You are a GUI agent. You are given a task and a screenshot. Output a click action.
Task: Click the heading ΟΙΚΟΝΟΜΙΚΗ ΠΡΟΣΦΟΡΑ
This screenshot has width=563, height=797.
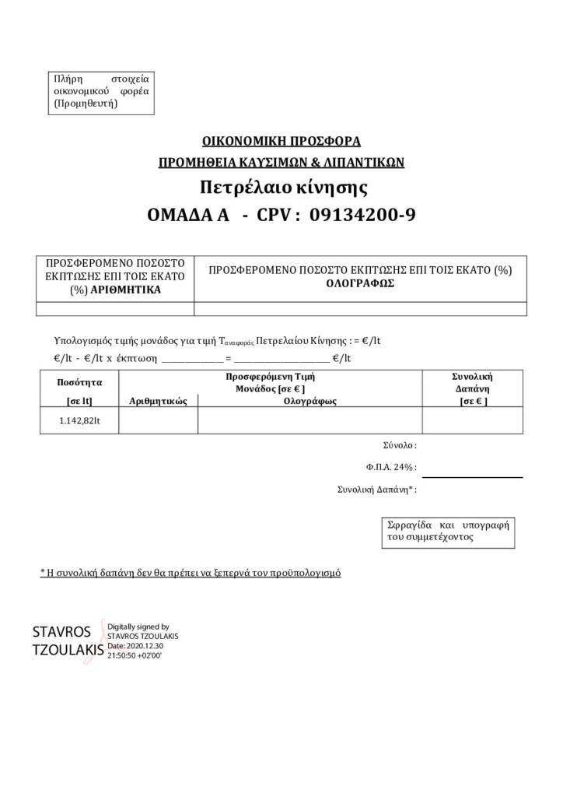coord(281,142)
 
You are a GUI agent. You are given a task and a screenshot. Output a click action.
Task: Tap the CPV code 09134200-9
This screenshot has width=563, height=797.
coord(362,215)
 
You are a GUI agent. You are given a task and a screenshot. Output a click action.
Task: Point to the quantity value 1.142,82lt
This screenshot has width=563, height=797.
coord(79,420)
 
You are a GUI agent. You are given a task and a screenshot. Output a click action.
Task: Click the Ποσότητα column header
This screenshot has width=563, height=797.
coord(79,382)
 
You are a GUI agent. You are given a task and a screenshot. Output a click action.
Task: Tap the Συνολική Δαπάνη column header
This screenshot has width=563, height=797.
coord(472,381)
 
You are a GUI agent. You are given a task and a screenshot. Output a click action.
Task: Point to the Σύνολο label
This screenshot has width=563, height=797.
coord(400,446)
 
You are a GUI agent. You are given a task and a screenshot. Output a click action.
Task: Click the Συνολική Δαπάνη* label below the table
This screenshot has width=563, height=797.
coord(377,490)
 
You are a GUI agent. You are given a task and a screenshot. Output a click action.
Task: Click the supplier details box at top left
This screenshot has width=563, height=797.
coord(101,91)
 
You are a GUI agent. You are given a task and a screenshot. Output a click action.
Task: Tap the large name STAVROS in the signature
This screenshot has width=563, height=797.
coord(61,631)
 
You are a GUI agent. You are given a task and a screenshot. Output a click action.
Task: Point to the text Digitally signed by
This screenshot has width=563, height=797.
coord(138,627)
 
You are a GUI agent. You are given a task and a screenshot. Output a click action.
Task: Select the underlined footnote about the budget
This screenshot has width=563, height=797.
coord(191,573)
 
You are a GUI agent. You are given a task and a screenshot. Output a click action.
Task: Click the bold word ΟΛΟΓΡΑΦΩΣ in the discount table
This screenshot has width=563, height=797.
coord(360,283)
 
